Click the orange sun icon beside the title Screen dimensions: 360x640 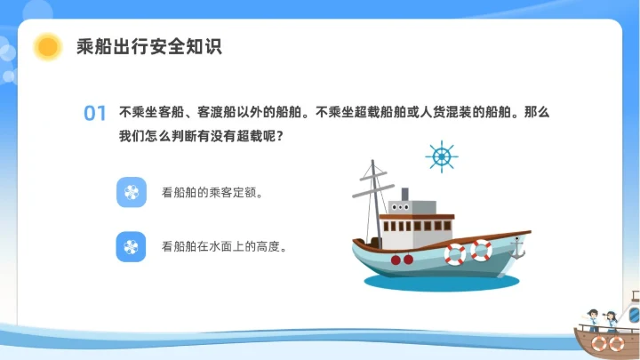tap(47, 46)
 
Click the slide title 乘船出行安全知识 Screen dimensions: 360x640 tap(148, 47)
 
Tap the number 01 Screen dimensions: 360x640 tap(95, 114)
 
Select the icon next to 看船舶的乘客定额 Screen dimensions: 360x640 tap(131, 192)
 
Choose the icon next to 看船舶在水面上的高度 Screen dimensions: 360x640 tap(131, 246)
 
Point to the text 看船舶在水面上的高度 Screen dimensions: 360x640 tap(224, 246)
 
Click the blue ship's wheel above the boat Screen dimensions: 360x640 tap(441, 156)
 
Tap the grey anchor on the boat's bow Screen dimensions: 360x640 tap(517, 250)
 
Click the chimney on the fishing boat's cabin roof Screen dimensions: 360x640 tap(404, 194)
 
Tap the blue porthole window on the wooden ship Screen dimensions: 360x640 tap(634, 314)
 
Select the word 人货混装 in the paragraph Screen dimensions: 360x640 tap(453, 114)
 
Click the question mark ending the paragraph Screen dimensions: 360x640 tap(280, 137)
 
